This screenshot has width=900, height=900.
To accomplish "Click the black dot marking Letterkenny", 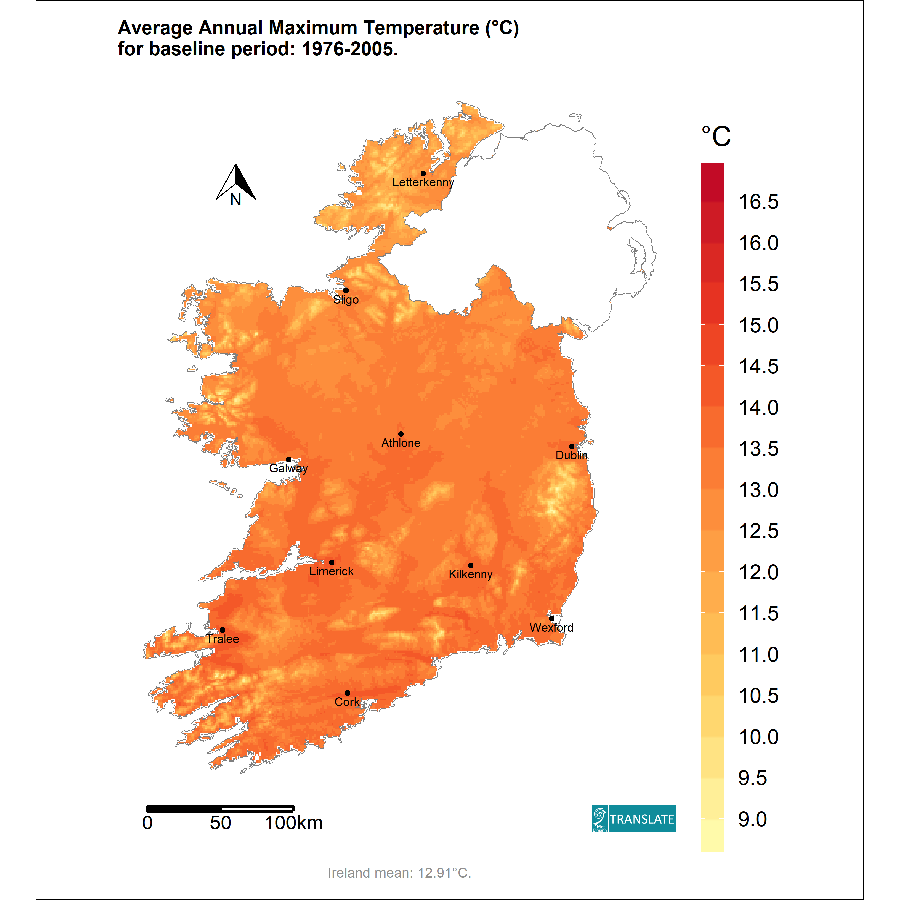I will click(x=423, y=173).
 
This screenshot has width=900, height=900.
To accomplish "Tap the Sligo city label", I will click(x=346, y=300).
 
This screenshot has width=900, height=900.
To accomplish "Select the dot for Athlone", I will click(x=401, y=434).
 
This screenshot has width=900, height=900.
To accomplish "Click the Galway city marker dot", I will click(x=288, y=459).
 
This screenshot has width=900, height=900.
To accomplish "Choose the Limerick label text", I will click(x=331, y=571).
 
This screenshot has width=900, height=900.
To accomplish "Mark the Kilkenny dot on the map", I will click(x=470, y=566).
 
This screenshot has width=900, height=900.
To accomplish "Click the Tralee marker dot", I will click(x=223, y=630).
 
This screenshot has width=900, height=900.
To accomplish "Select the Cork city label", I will click(x=347, y=702).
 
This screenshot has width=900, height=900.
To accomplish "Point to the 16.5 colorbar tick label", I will click(x=758, y=202).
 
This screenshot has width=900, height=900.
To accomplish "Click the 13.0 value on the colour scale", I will click(x=758, y=490).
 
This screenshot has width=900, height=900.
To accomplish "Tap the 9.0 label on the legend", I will click(x=752, y=819).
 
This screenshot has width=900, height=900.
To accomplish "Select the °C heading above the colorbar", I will click(x=716, y=136).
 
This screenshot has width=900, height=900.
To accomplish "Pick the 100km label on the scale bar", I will click(x=293, y=823).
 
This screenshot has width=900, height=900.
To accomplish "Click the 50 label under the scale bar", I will click(x=220, y=823).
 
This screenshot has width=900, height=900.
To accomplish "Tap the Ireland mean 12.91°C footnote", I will click(x=399, y=873).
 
